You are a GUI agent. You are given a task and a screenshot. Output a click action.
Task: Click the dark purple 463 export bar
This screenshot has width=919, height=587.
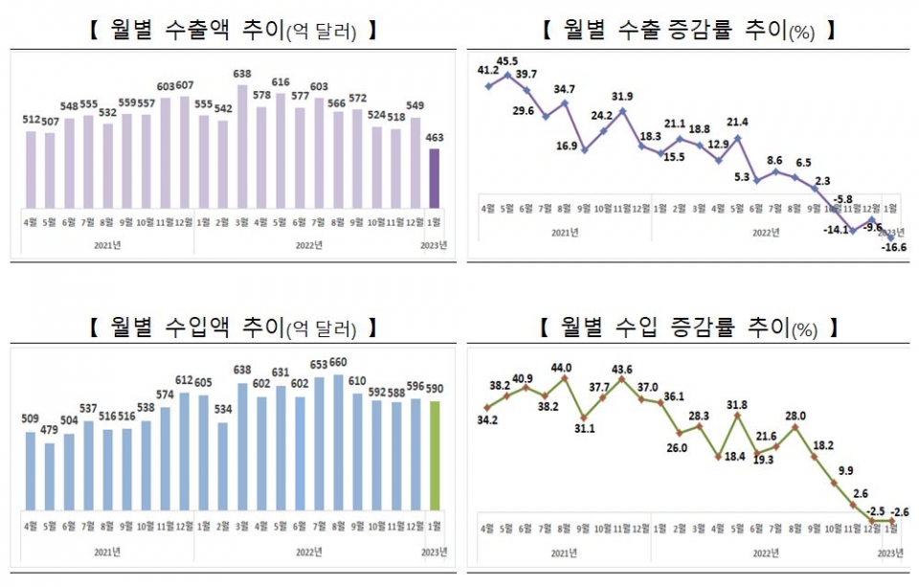(434, 178)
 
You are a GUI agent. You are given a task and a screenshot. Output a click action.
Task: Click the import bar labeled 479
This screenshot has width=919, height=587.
(50, 476)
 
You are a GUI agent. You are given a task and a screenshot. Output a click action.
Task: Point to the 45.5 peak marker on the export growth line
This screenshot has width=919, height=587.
(508, 74)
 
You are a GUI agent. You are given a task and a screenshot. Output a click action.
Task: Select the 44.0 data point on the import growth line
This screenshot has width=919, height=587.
(565, 378)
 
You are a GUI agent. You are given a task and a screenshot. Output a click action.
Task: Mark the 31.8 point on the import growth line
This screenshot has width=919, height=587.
(737, 416)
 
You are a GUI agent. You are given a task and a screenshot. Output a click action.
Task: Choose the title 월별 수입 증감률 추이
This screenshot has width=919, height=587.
(684, 328)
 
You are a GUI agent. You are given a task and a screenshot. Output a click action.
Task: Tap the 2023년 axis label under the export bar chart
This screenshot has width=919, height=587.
(434, 245)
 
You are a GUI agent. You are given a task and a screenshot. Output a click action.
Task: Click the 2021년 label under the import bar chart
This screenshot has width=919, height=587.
(107, 552)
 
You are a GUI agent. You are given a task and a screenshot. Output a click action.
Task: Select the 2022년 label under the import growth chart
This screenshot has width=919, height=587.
(765, 552)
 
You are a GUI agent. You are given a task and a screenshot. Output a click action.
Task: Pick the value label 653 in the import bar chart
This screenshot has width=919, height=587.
(318, 364)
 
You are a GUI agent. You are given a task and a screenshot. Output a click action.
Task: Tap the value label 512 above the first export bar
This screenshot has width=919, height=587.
(31, 120)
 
